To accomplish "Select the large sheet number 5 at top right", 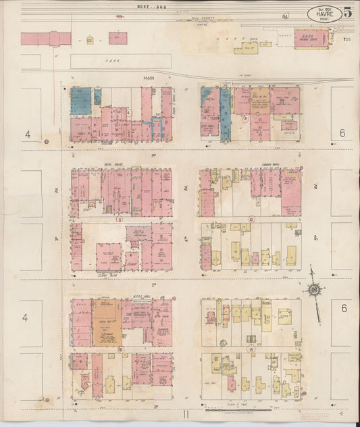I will point(348,12).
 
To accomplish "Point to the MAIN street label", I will point(148,78).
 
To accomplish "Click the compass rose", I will point(314,291).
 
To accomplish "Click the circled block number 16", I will point(120,349).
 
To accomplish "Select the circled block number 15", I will point(251,349).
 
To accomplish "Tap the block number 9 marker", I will point(119,219).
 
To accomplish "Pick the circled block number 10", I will point(251,219).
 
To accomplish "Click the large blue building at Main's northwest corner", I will point(80,100).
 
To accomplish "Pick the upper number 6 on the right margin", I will point(342,134).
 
